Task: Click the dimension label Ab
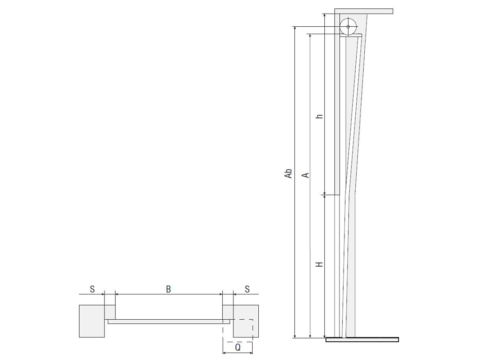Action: [x=289, y=173]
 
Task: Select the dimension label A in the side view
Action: [x=305, y=175]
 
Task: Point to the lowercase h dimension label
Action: [x=320, y=115]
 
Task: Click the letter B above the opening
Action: [x=168, y=289]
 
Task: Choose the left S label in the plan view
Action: [x=92, y=289]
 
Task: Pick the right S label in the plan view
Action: [x=247, y=289]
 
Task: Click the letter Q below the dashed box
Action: [x=238, y=348]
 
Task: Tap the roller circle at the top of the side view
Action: [x=348, y=26]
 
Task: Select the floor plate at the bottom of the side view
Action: [x=362, y=339]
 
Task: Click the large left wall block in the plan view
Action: [x=91, y=321]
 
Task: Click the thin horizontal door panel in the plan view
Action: [x=169, y=322]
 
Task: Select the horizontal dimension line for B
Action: [x=168, y=294]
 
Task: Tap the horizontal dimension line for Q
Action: [x=238, y=354]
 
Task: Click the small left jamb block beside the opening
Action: [x=110, y=312]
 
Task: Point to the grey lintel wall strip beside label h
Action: [x=337, y=112]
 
